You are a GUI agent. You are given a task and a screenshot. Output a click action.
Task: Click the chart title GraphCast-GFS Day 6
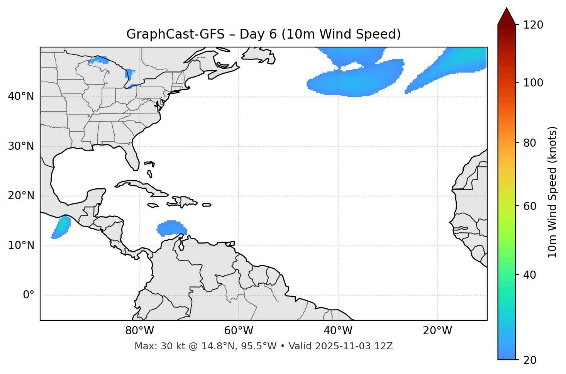point(263,34)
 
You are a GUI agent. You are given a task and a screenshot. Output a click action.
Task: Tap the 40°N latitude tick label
point(21,96)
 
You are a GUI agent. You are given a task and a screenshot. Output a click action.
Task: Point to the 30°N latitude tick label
point(21,146)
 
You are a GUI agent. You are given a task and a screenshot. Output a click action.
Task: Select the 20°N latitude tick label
point(21,196)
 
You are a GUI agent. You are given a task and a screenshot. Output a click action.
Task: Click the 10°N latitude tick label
point(21,245)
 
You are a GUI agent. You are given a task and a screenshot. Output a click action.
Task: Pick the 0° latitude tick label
point(29,295)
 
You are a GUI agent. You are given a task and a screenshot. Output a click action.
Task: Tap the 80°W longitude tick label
point(139,331)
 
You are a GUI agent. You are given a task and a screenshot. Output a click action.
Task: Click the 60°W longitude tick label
point(239,331)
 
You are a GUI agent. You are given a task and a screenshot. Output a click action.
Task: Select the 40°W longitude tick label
point(338,331)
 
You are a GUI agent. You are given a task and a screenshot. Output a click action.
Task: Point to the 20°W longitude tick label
point(437,331)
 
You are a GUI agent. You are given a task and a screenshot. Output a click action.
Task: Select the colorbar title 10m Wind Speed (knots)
point(552,192)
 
